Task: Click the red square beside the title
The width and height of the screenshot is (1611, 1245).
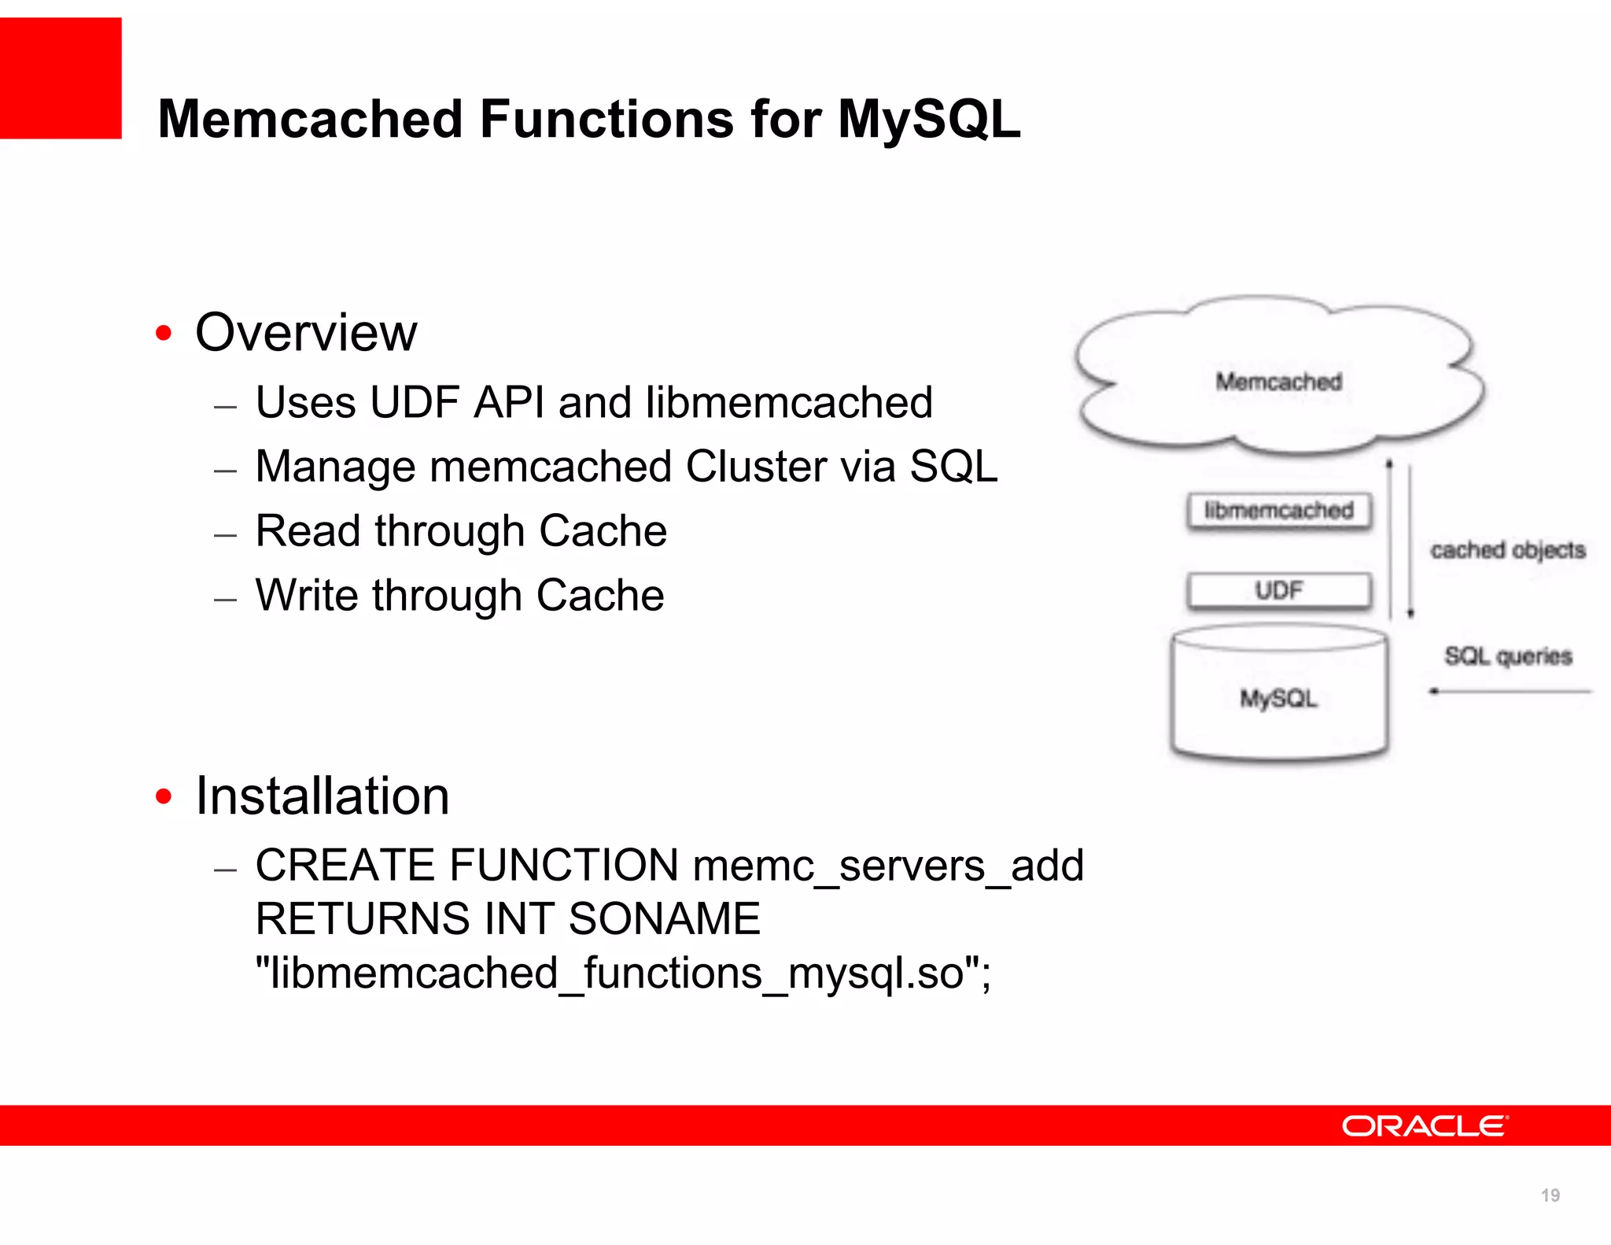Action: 61,78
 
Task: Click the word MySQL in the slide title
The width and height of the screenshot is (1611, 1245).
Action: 929,120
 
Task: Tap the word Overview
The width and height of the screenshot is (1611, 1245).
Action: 306,332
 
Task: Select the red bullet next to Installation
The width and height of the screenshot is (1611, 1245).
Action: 164,796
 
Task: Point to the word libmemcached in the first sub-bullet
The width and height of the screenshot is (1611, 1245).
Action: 789,403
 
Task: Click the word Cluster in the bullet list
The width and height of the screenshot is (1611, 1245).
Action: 790,467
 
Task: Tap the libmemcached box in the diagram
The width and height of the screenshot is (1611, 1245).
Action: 1279,511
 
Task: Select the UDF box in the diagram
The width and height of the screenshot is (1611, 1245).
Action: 1279,590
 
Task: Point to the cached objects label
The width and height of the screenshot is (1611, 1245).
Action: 1507,550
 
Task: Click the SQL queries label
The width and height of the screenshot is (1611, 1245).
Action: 1508,656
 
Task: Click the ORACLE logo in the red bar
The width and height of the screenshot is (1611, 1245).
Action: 1425,1126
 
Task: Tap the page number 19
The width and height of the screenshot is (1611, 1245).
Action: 1550,1195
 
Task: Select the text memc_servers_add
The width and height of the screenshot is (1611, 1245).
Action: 888,866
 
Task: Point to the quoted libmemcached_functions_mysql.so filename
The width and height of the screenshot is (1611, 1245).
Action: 623,973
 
